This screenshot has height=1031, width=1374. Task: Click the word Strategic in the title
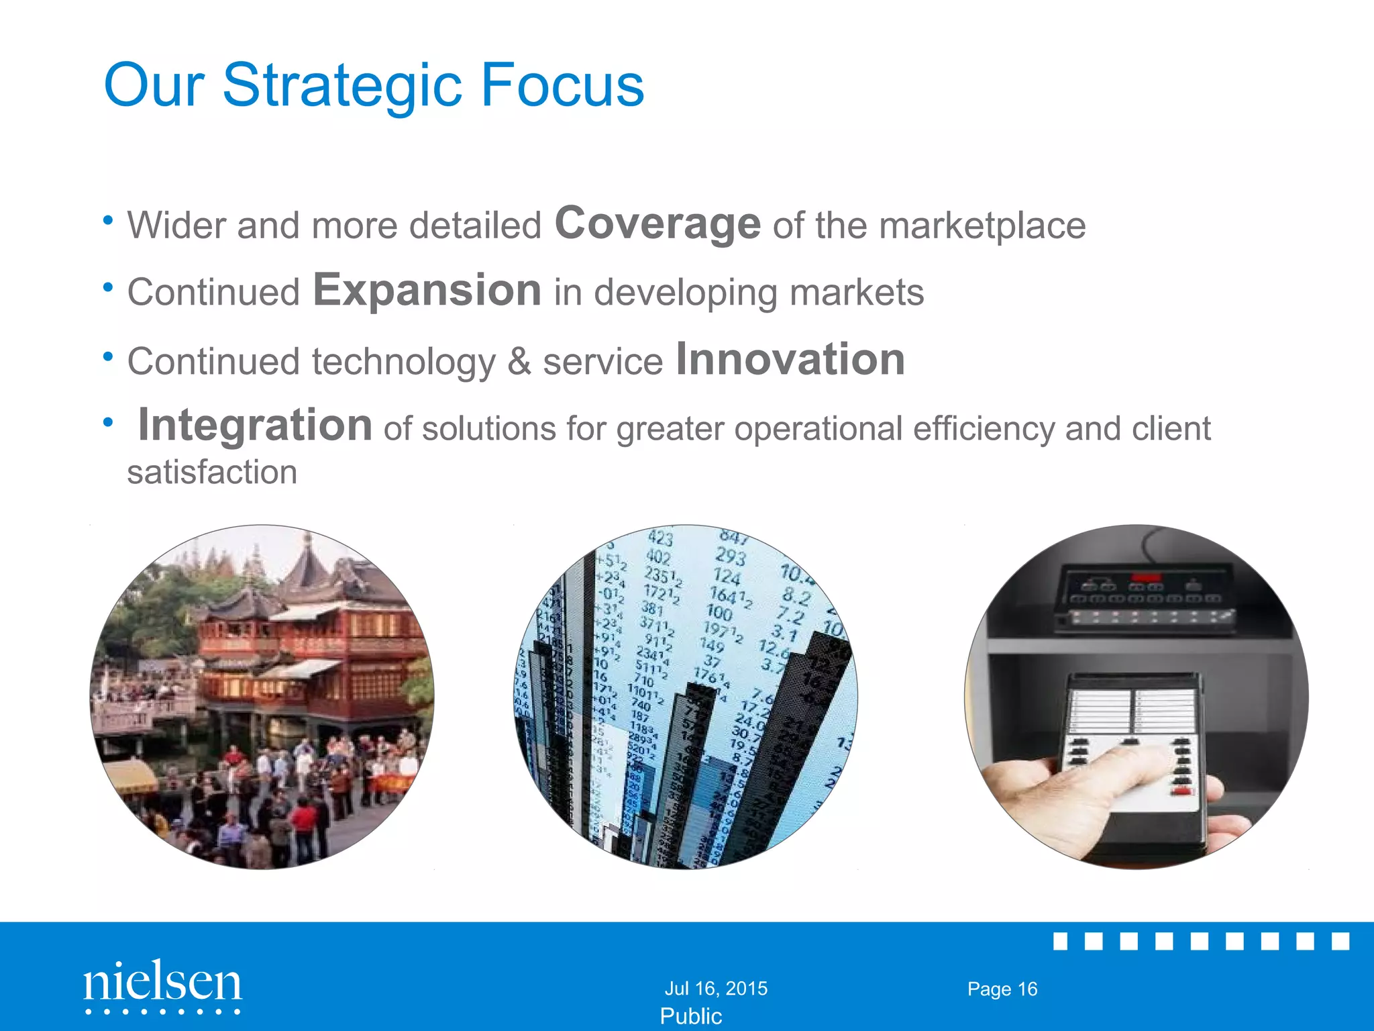(341, 86)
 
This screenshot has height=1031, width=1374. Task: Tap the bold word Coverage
(657, 224)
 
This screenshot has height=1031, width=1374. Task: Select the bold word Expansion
(427, 291)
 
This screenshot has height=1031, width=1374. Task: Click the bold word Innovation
(790, 359)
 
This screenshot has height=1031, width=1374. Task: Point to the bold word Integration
(255, 426)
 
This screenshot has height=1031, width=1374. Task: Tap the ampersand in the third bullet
(519, 362)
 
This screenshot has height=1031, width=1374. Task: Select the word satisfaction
(212, 472)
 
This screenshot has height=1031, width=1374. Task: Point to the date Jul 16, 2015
(715, 988)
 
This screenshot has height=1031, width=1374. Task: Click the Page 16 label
(1002, 989)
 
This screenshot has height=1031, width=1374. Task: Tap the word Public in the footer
(690, 1016)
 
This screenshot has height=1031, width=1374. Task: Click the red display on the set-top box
(1146, 577)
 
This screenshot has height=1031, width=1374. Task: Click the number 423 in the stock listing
(660, 538)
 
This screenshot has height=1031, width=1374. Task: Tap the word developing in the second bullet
(686, 293)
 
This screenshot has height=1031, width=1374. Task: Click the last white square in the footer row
(1340, 941)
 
